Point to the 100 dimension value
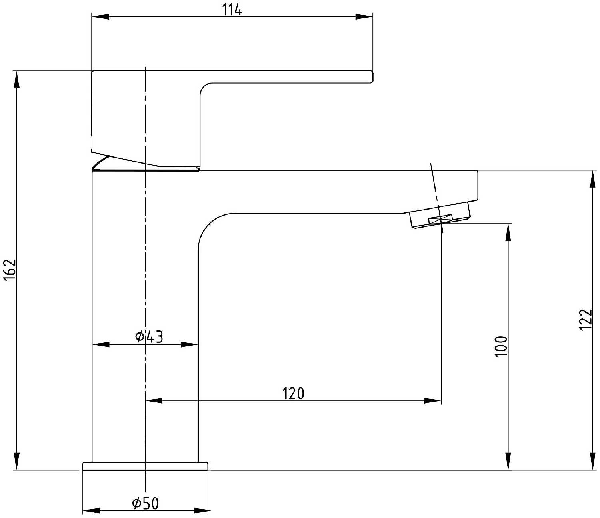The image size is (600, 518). point(500,346)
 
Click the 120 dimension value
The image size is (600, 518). point(293,394)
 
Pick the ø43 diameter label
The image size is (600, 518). point(149,337)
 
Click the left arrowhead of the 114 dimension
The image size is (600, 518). point(100,16)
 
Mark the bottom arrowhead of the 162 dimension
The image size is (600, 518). point(16,461)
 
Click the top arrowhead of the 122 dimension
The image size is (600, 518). point(592,179)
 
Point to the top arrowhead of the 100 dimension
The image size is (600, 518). point(508,232)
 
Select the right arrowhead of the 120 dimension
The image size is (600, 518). point(433,400)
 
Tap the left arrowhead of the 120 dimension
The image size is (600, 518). point(154,400)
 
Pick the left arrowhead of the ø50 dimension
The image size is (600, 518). point(91,511)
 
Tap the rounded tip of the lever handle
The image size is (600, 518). point(371,77)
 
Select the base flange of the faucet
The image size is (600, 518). point(145,466)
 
